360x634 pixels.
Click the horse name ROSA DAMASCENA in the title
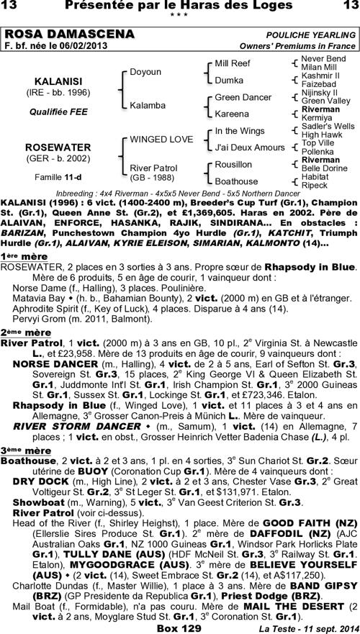tap(69, 34)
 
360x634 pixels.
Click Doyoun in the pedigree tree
tap(145, 72)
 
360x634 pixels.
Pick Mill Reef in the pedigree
tap(232, 63)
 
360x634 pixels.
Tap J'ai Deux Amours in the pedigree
tap(250, 148)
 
